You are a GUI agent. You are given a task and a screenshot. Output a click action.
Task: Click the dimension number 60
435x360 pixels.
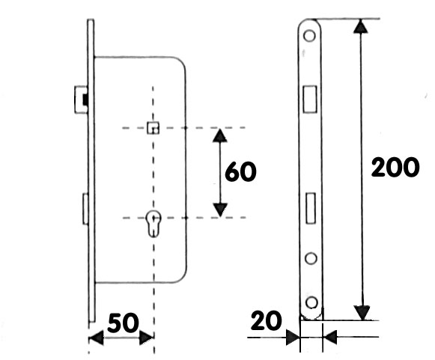click(x=240, y=171)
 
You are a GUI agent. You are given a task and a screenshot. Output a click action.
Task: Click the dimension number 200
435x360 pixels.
click(x=395, y=167)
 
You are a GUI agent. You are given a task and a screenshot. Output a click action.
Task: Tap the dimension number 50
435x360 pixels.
click(x=123, y=323)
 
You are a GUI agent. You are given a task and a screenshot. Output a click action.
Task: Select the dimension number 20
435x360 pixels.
click(x=266, y=320)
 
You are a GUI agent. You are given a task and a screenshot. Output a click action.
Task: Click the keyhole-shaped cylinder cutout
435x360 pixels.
click(x=153, y=224)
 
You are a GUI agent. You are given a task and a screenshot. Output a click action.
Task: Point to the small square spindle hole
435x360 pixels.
click(x=153, y=127)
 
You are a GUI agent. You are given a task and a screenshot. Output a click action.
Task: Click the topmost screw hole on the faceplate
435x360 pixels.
click(x=310, y=36)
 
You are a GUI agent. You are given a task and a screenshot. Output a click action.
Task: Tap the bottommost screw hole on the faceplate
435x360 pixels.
click(x=311, y=302)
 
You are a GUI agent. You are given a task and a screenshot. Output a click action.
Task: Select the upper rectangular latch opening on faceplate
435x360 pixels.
click(x=310, y=99)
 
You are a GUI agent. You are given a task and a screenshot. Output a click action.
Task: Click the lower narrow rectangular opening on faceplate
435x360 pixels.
click(x=311, y=208)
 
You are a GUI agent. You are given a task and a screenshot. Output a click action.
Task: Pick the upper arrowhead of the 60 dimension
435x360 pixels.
click(x=220, y=135)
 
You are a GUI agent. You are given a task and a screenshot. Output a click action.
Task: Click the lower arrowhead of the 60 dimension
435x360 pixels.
click(x=220, y=210)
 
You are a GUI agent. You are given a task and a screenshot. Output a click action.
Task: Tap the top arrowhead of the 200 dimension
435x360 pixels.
click(x=360, y=26)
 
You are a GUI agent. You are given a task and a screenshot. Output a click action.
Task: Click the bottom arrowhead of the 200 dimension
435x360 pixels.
click(x=362, y=313)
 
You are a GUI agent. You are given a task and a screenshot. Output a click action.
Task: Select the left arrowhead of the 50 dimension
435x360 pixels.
click(x=96, y=338)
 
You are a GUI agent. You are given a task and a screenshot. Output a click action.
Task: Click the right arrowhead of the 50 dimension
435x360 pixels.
click(x=146, y=338)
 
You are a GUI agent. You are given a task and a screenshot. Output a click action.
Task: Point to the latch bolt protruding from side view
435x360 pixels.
click(x=81, y=100)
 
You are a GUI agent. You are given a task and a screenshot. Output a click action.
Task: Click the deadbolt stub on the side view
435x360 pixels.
click(x=85, y=209)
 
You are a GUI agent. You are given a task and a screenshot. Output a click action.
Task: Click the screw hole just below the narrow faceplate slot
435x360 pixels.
click(x=311, y=258)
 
